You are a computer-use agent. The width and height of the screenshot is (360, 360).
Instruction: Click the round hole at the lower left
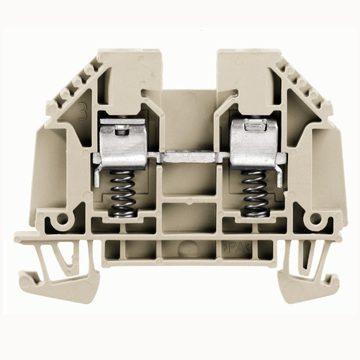(63, 218)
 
